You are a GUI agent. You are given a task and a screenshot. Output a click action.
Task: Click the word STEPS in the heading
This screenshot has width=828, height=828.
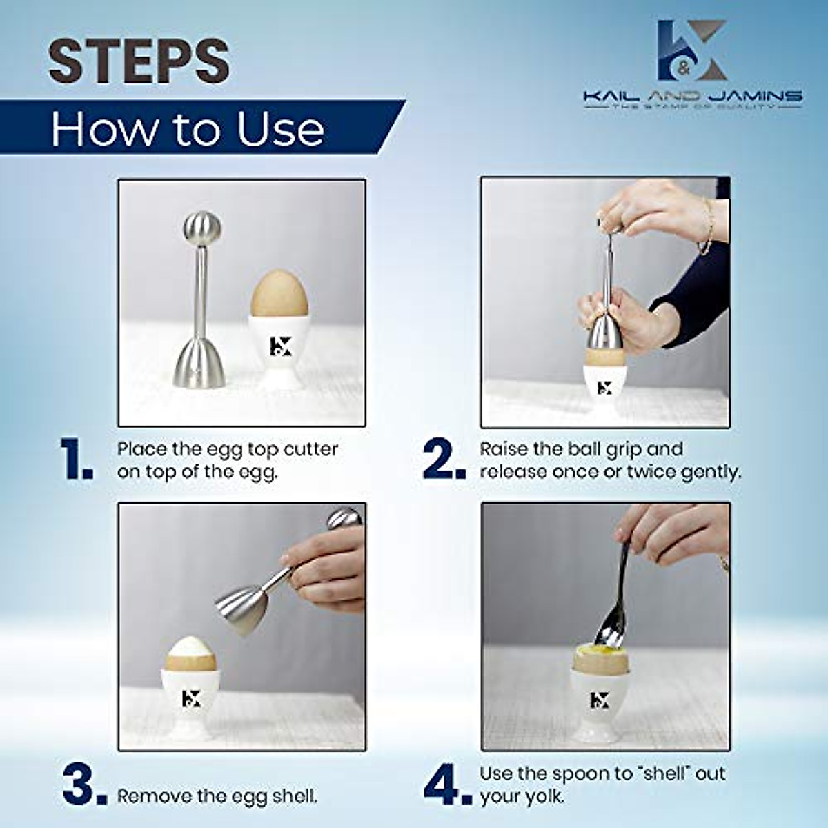pyautogui.click(x=138, y=62)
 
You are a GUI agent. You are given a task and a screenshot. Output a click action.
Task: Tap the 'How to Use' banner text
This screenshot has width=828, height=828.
pyautogui.click(x=188, y=129)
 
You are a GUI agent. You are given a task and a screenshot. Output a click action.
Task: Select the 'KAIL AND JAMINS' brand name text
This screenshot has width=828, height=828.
pyautogui.click(x=692, y=96)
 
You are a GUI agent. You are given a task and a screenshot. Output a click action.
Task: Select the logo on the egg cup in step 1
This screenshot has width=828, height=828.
pyautogui.click(x=278, y=345)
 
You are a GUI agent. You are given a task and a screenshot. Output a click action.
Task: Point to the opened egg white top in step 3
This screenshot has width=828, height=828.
pyautogui.click(x=190, y=650)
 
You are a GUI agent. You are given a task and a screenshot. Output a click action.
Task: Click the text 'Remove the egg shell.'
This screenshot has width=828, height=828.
pyautogui.click(x=217, y=796)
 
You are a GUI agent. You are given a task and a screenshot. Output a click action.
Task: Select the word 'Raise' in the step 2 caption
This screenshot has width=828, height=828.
pyautogui.click(x=504, y=449)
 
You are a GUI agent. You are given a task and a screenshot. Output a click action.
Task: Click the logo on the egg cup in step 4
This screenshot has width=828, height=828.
pyautogui.click(x=599, y=699)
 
